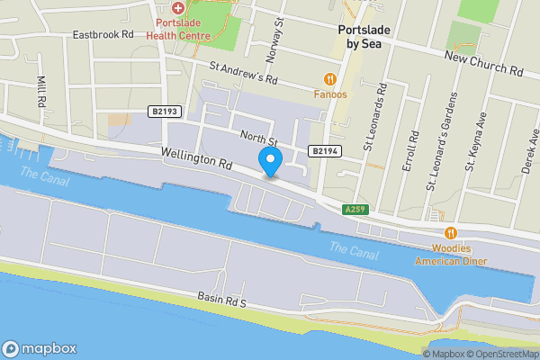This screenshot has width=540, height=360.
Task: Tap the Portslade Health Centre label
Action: click(x=183, y=29)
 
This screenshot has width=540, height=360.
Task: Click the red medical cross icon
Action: click(x=178, y=7)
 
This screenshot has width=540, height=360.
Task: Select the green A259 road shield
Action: click(x=355, y=210)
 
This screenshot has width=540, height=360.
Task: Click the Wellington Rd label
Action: click(x=198, y=161)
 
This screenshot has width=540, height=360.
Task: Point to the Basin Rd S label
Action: click(x=221, y=300)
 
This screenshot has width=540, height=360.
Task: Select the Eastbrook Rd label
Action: click(x=103, y=34)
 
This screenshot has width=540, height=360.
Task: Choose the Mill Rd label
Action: click(x=41, y=91)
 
